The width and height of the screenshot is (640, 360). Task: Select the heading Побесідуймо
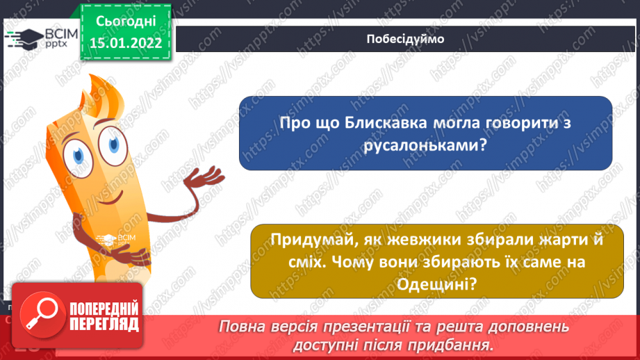(404, 39)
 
